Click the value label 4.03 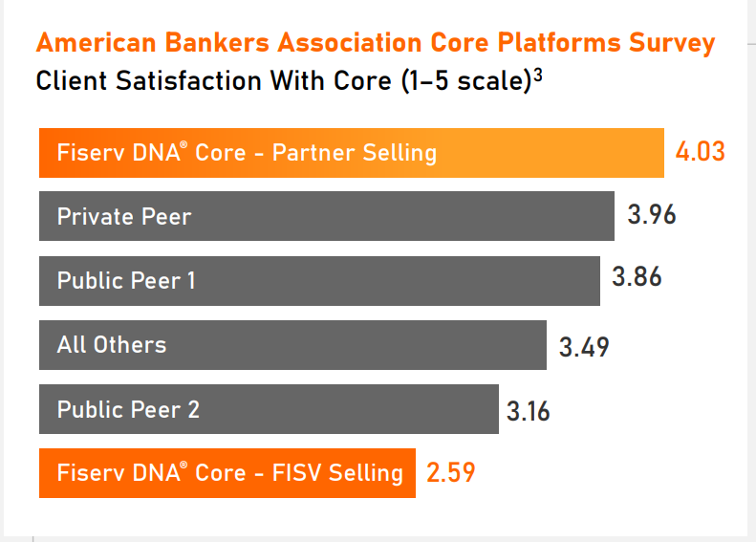[x=700, y=151]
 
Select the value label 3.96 [x=652, y=214]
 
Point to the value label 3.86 [x=637, y=277]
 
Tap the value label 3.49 [x=584, y=347]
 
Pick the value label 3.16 [x=528, y=411]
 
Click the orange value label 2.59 [x=451, y=472]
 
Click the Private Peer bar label [x=124, y=216]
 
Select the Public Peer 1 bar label [x=126, y=280]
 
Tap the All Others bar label [x=112, y=344]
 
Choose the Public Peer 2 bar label [x=128, y=409]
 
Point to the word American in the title [x=97, y=42]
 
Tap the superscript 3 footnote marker [x=538, y=75]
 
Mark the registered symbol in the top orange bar [x=184, y=144]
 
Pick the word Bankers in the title [x=217, y=42]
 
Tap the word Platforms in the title [x=559, y=42]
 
